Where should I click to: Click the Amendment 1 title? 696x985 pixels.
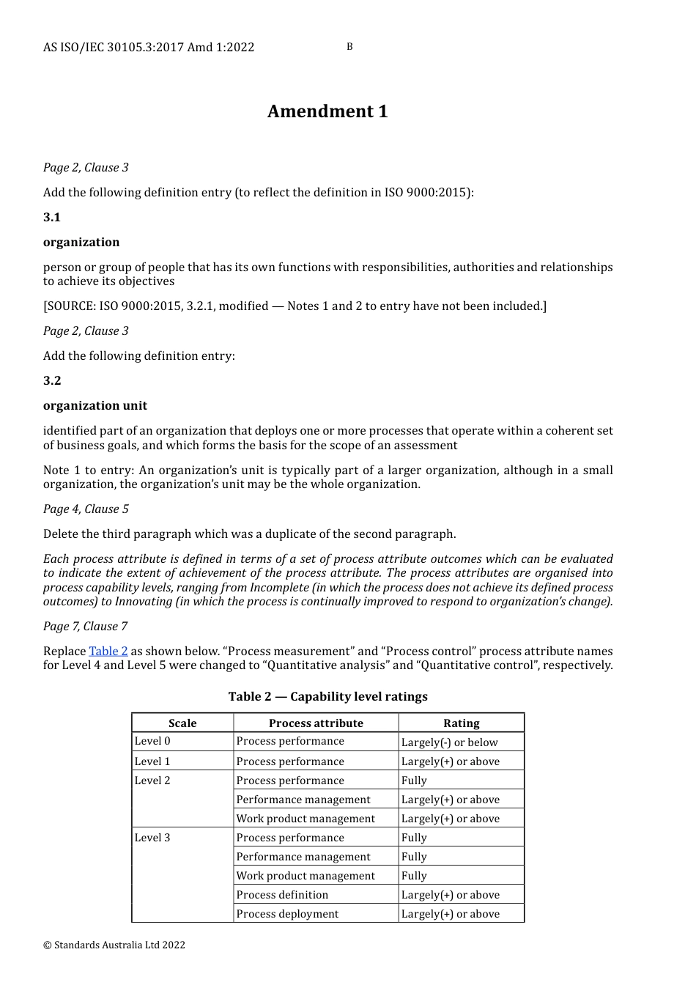(327, 111)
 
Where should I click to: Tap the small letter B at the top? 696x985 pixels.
(349, 47)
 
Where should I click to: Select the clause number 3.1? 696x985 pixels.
(52, 218)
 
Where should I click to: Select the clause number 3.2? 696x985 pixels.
(52, 381)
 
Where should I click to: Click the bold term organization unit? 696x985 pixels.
(95, 406)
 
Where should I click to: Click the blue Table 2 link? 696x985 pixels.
(108, 652)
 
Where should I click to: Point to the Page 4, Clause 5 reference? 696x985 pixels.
(86, 509)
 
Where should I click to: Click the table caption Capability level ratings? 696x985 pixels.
(327, 697)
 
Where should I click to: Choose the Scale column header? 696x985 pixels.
(182, 723)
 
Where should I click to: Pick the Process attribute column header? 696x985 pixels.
(316, 723)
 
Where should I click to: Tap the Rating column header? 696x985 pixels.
(462, 723)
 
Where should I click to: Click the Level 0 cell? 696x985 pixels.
(152, 742)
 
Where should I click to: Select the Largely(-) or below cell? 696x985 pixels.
(449, 742)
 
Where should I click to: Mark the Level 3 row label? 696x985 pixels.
(152, 838)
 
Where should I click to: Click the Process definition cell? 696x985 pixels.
(282, 895)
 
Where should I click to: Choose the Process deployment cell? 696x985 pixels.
(287, 914)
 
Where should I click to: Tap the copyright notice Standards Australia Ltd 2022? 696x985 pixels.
(114, 945)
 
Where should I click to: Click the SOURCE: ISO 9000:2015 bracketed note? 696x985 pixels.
(295, 306)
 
